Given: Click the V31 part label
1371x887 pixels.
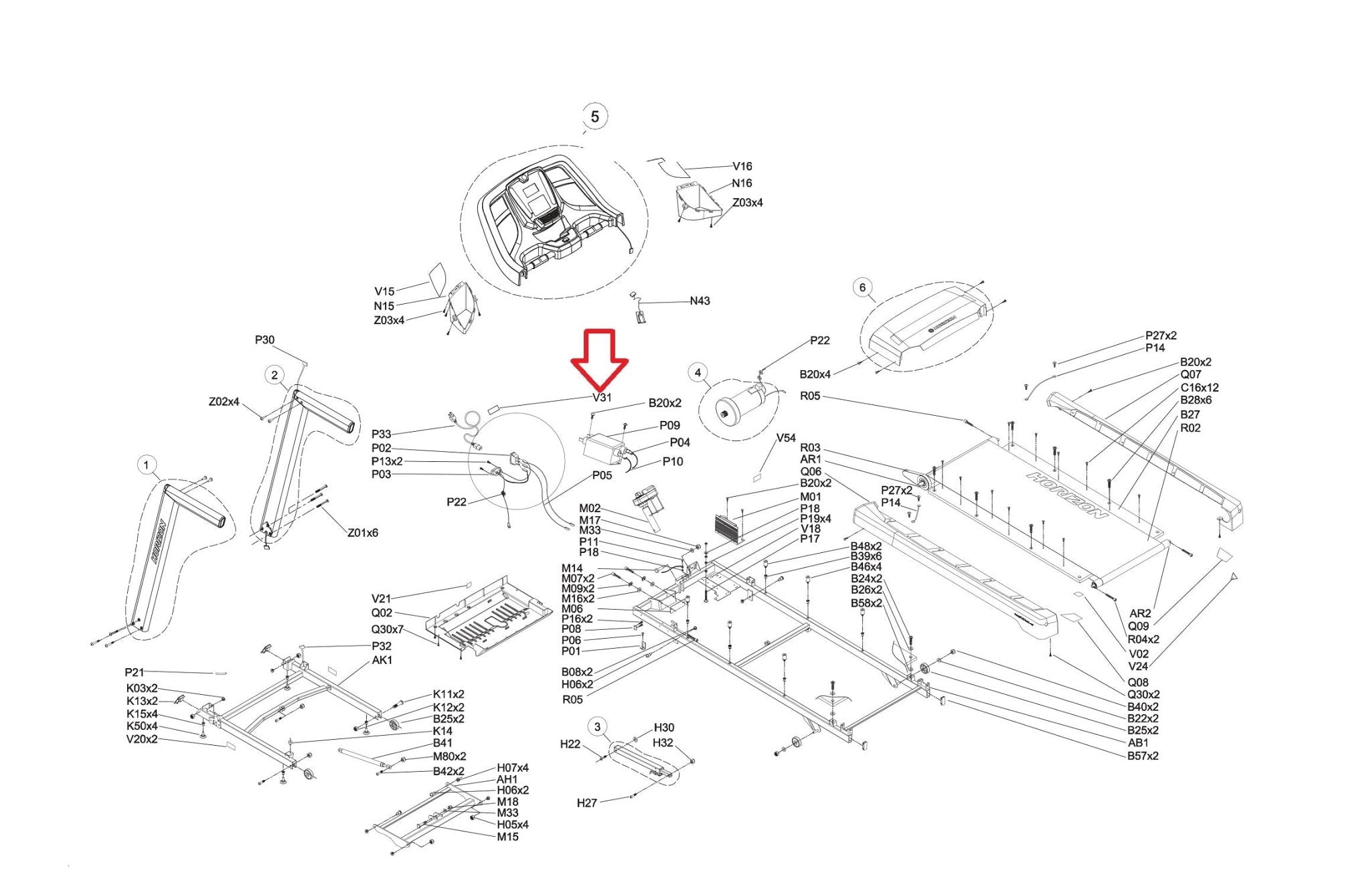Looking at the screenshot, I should (602, 397).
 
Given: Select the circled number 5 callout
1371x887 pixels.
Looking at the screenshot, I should (594, 116).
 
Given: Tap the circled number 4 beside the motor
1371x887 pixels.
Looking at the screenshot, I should (698, 373).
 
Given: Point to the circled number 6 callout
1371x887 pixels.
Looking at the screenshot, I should (862, 288).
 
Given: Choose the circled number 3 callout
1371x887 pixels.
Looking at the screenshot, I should (597, 726).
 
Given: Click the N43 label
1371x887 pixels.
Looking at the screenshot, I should (700, 301).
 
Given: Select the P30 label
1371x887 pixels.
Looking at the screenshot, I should (264, 340).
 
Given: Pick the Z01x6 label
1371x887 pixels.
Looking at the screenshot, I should (362, 533).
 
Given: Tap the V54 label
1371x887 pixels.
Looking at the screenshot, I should (786, 438).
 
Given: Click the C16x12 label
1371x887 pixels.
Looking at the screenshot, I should (1200, 388).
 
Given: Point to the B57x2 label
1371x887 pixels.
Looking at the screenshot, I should (1143, 756).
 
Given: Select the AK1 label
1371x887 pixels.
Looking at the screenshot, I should (382, 660).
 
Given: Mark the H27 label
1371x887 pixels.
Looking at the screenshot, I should (586, 803).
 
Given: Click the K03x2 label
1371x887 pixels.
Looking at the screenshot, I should (142, 688).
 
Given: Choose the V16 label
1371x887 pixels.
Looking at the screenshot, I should (742, 166).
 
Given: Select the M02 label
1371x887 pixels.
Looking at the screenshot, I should (590, 509).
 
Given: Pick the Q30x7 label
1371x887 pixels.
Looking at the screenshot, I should (388, 630).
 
